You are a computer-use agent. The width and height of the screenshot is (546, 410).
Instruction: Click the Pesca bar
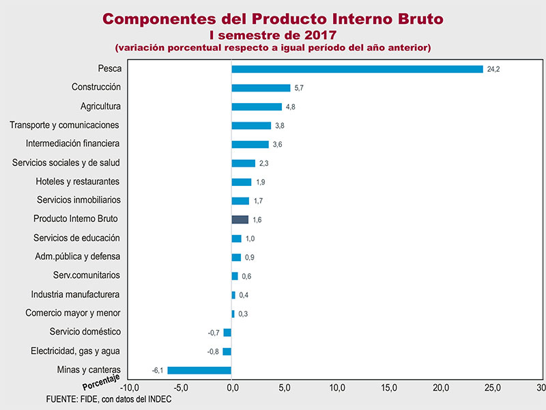[x=357, y=69]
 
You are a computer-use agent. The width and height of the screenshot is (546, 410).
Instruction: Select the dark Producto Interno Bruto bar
[x=240, y=219]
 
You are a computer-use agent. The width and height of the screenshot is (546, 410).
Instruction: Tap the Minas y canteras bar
[x=199, y=370]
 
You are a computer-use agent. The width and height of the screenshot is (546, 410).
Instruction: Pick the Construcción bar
[x=261, y=87]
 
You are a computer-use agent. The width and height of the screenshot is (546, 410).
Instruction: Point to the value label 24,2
[x=493, y=70]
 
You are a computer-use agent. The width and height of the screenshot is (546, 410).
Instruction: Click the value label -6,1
[x=158, y=370]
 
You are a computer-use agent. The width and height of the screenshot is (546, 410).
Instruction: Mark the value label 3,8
[x=280, y=126]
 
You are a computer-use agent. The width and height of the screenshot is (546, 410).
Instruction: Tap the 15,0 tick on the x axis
[x=389, y=388]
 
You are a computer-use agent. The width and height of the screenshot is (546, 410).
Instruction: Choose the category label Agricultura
[x=100, y=106]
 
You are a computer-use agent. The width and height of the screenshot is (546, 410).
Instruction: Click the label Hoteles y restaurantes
[x=78, y=181]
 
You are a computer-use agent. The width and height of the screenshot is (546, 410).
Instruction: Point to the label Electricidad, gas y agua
[x=76, y=351]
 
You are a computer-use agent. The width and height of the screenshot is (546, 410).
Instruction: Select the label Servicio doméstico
[x=85, y=331]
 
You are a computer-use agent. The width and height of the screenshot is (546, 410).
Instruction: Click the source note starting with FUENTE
[x=108, y=399]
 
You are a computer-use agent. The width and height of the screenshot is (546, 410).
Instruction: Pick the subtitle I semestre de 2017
[x=273, y=34]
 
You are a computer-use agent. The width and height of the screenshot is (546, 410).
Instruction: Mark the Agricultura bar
[x=257, y=107]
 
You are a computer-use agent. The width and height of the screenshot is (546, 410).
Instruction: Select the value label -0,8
[x=214, y=352]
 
